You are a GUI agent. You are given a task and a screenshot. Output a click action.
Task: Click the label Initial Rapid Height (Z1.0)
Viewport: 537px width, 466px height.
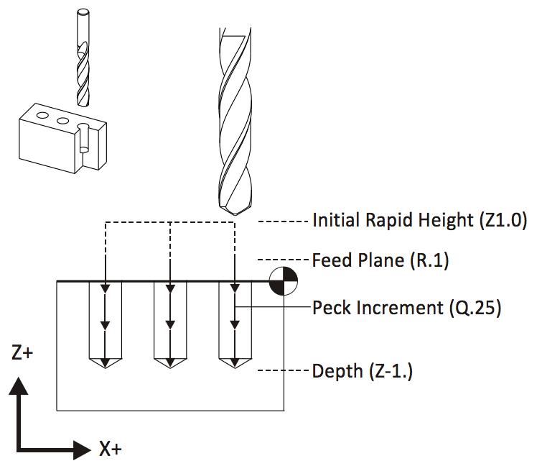(420, 221)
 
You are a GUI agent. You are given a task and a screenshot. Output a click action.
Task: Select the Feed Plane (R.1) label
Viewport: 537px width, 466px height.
(380, 260)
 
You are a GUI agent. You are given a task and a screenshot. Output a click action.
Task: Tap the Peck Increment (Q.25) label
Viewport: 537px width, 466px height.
(406, 309)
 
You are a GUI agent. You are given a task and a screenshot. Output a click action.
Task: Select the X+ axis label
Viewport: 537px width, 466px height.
(109, 449)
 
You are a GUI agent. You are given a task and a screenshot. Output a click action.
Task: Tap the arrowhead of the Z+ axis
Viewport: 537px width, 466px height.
(21, 385)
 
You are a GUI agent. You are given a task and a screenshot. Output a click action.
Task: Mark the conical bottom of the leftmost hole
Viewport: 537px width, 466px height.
(106, 364)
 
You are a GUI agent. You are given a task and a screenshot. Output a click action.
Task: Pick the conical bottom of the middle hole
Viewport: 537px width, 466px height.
(170, 364)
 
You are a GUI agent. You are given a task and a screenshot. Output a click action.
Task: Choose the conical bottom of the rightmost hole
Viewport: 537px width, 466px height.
(235, 364)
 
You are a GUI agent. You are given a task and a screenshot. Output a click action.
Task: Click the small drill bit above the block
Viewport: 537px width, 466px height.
(81, 58)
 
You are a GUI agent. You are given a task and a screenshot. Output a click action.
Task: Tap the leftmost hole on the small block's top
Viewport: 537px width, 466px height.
(43, 115)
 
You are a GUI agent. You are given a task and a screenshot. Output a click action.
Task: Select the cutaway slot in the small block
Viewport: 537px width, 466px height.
(83, 140)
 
